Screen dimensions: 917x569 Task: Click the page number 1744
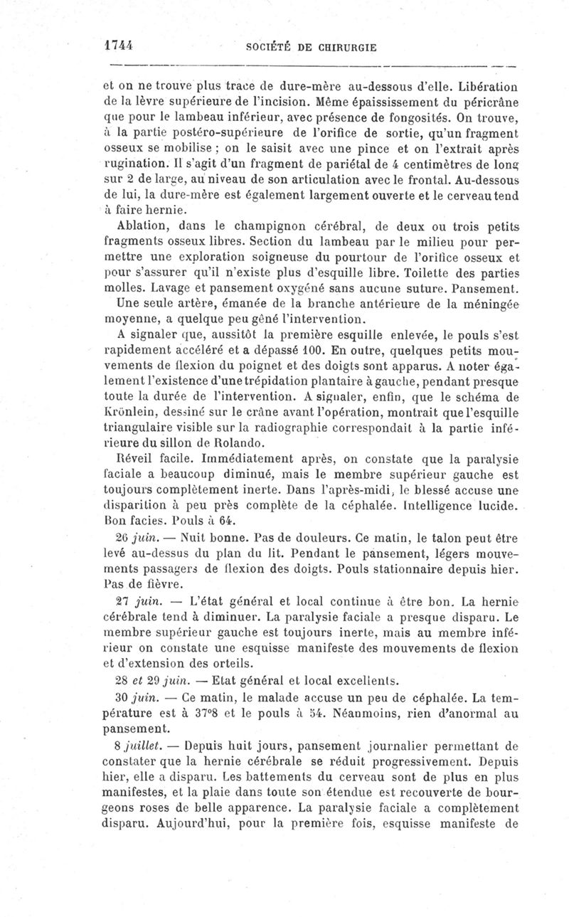[119, 44]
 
